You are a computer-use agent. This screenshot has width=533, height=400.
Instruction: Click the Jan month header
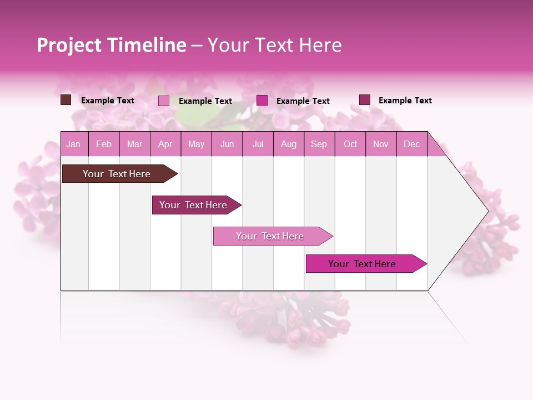[73, 144]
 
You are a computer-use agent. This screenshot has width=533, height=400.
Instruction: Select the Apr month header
[165, 144]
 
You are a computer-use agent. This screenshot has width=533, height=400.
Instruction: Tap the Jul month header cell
[258, 144]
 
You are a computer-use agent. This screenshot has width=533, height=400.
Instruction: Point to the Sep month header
[319, 144]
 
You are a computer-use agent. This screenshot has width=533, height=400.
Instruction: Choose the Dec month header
[411, 144]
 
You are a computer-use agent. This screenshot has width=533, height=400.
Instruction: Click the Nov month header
[381, 144]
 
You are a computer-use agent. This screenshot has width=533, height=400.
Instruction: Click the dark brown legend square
[66, 100]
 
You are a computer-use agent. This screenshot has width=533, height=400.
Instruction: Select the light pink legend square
[164, 101]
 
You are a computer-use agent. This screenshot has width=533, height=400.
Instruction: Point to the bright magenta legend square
[262, 101]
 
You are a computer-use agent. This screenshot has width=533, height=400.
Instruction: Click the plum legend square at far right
[364, 100]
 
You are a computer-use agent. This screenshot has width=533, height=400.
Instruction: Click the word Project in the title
[69, 45]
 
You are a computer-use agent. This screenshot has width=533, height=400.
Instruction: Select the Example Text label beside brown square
[108, 101]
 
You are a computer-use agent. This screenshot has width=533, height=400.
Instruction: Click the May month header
[196, 144]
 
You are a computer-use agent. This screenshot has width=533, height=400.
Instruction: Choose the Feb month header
[104, 144]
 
